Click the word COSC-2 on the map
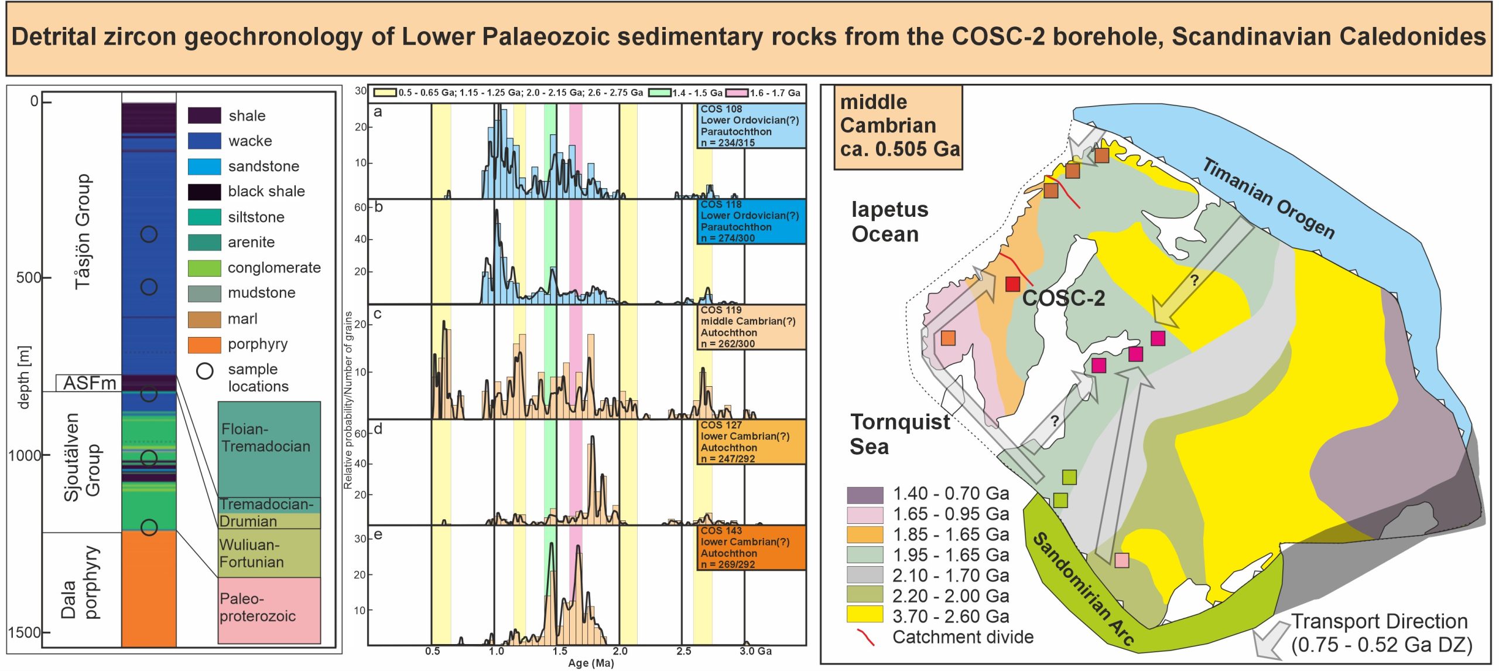click(1063, 298)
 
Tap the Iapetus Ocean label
click(889, 222)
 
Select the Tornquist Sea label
click(899, 434)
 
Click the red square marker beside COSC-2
click(1012, 284)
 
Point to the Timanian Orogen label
click(1268, 198)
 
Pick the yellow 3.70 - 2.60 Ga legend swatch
click(864, 615)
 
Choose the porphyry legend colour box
click(204, 345)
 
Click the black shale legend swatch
click(204, 192)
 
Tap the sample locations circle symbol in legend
click(204, 371)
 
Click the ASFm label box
click(89, 383)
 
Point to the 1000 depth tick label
click(24, 455)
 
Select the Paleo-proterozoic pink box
click(269, 609)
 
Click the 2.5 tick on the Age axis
click(683, 651)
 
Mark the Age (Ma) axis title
click(590, 663)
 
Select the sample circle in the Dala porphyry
click(149, 527)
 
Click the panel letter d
click(378, 429)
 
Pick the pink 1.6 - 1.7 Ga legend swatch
click(737, 93)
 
